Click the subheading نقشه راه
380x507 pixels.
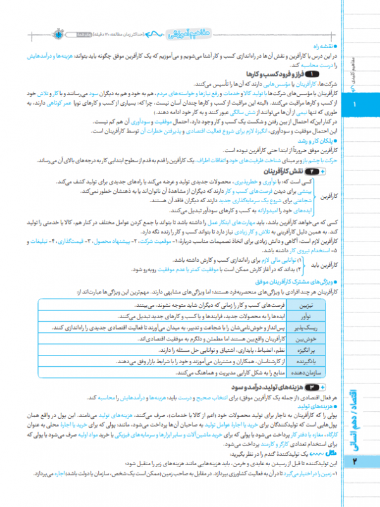pos(327,47)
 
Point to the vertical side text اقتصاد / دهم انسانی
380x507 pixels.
pos(355,412)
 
